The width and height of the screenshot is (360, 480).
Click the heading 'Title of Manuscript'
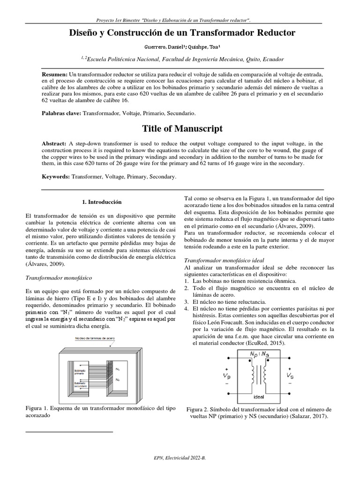(180, 128)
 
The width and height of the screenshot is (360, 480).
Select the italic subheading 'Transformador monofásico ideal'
(224, 260)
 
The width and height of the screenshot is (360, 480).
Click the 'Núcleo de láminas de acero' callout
(98, 338)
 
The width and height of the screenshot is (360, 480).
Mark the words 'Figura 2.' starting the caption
(199, 409)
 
